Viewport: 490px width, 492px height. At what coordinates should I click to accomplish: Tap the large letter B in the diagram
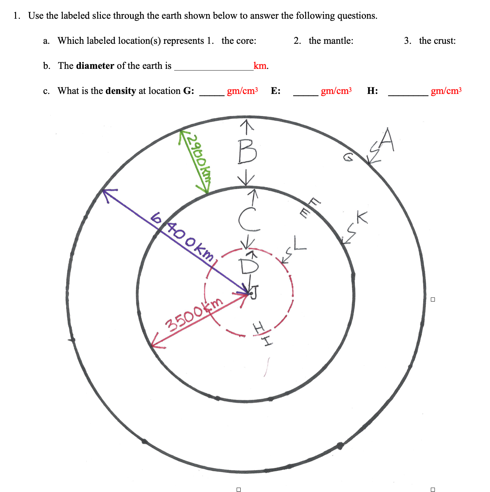(247, 152)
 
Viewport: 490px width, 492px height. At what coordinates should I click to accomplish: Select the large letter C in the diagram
(249, 219)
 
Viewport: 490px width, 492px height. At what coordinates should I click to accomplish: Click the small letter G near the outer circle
(348, 157)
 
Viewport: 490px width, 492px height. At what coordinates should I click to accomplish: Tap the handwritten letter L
(299, 243)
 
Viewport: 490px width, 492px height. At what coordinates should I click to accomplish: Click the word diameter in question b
(95, 66)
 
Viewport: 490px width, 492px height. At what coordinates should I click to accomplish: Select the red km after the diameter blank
(260, 66)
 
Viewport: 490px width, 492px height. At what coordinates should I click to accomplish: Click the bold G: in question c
(189, 91)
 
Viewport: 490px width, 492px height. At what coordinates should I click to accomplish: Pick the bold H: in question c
(372, 91)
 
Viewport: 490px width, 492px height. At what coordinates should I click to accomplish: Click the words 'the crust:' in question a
(437, 41)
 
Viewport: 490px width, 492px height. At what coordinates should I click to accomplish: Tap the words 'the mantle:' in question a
(331, 41)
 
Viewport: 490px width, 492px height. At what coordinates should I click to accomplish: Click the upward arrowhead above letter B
(247, 125)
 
